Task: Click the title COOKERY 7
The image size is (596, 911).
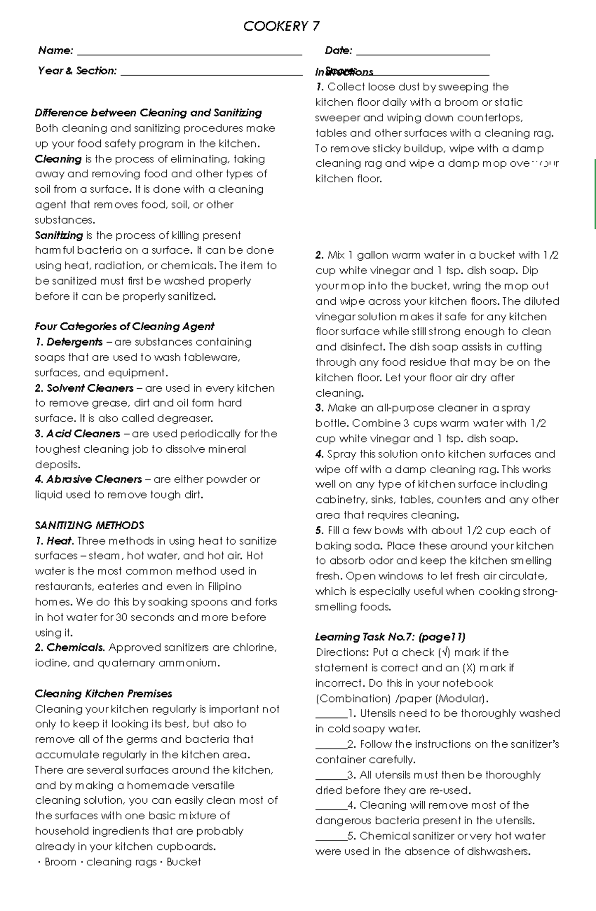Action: [281, 26]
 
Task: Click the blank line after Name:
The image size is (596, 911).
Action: [189, 52]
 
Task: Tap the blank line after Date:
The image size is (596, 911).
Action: [423, 52]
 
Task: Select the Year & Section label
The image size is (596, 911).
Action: [77, 70]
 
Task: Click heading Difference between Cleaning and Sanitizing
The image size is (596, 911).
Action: [148, 113]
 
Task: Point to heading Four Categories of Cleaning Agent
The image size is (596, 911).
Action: [124, 326]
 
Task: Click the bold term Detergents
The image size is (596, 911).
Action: [74, 342]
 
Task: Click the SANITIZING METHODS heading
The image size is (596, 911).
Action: [89, 525]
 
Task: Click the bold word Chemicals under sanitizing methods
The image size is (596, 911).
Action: [75, 647]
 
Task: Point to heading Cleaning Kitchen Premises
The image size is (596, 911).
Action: [103, 693]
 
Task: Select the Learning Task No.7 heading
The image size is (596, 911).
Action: [390, 636]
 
